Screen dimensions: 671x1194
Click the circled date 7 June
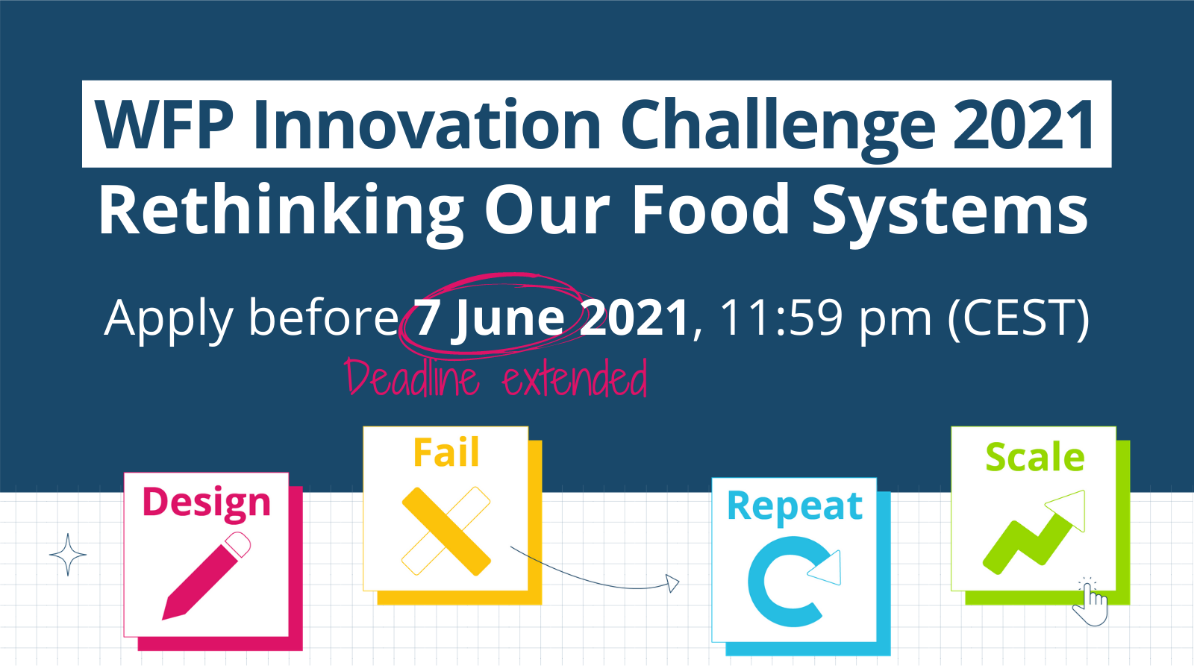490,318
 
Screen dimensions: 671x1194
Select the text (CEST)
1018,319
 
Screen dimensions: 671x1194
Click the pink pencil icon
206,576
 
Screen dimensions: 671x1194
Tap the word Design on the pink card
206,503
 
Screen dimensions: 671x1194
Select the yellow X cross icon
446,531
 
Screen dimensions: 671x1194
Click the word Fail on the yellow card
446,453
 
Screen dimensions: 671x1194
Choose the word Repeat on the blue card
795,507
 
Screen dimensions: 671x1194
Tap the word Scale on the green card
1034,457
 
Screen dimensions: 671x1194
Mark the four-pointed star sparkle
68,555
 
